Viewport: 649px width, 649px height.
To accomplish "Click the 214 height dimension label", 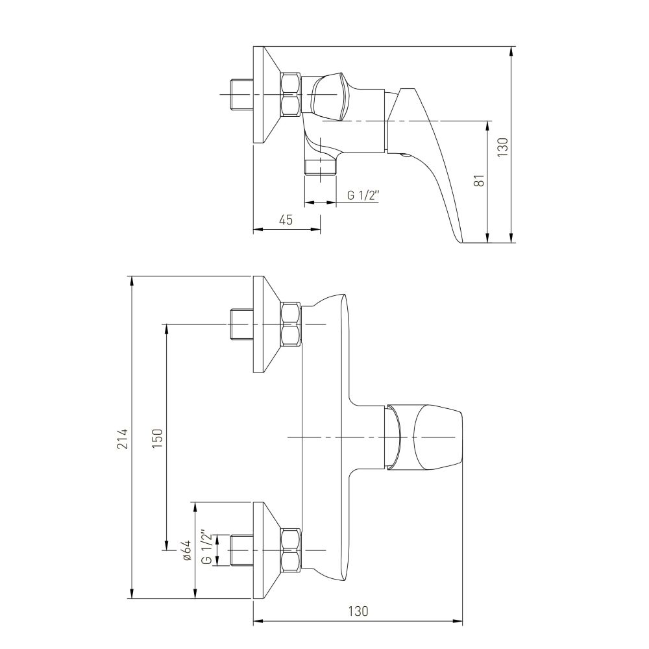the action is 123,438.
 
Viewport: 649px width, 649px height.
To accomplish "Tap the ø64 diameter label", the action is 187,550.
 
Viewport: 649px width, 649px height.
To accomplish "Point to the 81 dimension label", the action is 479,180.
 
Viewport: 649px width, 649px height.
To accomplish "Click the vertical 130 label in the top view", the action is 502,147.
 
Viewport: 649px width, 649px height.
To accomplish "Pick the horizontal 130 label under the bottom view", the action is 358,611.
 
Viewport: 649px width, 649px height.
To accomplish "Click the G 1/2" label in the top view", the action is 363,195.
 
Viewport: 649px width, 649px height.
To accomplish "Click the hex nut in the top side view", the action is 290,95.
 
